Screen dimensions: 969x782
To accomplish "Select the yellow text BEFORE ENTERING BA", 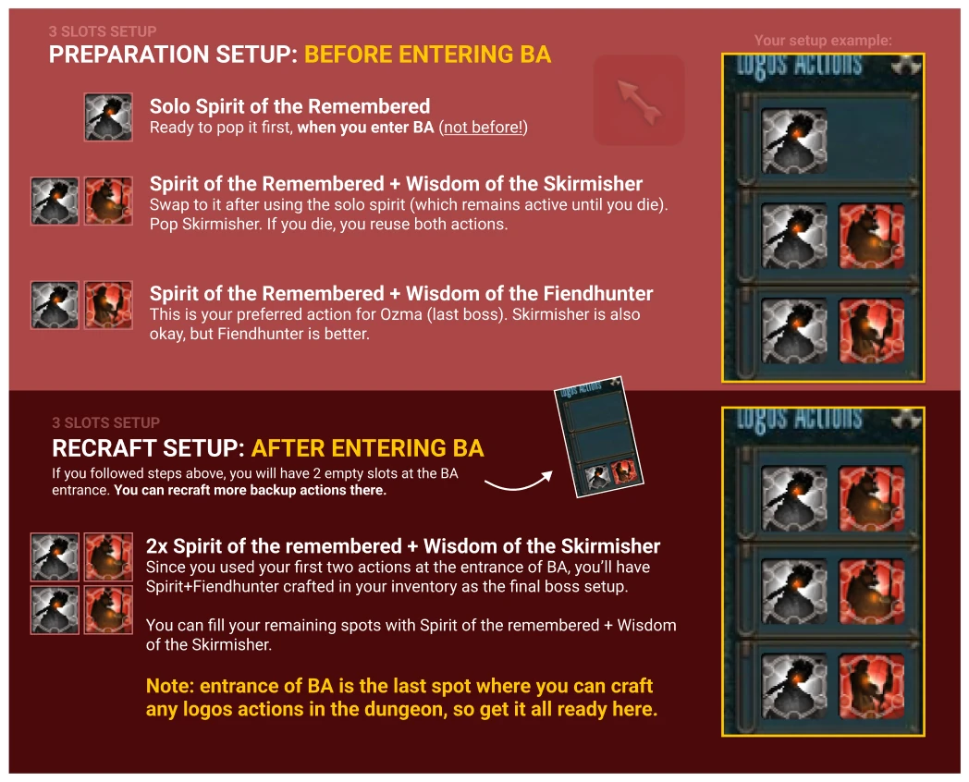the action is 428,55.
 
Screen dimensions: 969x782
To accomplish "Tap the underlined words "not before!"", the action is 484,128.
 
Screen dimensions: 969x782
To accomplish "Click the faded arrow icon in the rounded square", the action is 639,101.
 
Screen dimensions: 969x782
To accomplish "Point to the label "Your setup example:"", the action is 823,41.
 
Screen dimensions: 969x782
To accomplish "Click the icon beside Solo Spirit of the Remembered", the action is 108,117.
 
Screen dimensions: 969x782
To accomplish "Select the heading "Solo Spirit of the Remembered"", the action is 289,106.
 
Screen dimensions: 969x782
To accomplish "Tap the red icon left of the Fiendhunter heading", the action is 108,305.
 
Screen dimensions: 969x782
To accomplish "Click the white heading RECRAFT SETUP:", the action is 148,448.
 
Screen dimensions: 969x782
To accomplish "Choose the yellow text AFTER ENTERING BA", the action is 368,448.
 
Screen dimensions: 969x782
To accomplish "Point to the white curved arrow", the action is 519,483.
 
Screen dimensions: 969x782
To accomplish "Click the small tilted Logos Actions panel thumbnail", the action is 598,437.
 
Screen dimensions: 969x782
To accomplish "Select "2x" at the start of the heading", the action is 157,546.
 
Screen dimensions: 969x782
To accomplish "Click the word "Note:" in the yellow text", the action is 170,686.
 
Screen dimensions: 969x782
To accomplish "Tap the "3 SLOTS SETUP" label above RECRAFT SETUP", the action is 105,423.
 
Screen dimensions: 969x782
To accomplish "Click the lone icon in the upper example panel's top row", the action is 794,141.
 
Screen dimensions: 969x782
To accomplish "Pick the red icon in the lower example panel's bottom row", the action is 871,686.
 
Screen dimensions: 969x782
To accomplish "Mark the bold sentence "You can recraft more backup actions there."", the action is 251,491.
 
